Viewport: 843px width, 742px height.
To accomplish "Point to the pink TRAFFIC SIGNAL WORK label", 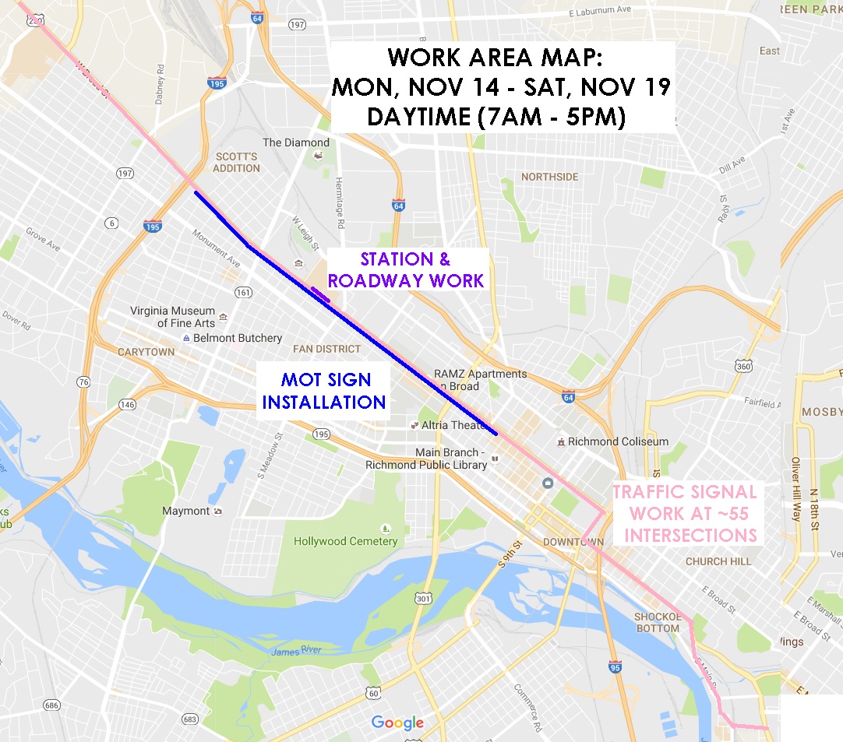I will coord(686,514).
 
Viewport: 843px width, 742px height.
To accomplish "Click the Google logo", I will coord(397,722).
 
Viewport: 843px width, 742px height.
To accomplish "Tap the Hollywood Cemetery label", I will coord(345,541).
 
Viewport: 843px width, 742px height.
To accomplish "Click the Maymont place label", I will coord(186,511).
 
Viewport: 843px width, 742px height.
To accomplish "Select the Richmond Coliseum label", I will coord(618,441).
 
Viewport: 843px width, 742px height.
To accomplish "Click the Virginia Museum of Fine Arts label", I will coord(173,316).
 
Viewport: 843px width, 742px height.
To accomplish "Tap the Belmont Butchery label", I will coord(237,338).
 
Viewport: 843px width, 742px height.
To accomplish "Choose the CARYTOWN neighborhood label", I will coord(146,352).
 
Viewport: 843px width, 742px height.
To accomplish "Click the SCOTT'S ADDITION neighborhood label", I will coord(237,162).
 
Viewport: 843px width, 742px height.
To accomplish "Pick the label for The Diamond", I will coord(296,142).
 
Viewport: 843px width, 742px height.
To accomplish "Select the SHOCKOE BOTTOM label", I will coord(658,622).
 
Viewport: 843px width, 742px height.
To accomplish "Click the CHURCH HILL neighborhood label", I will coord(718,561).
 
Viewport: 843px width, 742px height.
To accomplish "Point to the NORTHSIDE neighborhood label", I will coord(550,177).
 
